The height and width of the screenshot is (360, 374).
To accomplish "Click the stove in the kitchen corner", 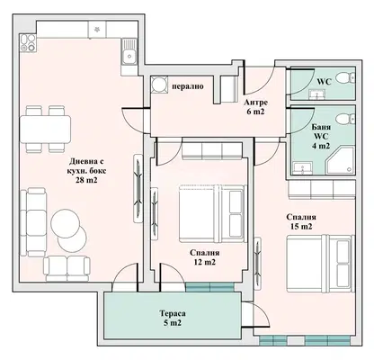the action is (x=28, y=42).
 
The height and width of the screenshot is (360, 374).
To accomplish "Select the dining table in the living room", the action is (x=45, y=130).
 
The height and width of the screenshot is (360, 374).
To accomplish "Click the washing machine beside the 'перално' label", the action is (x=158, y=84).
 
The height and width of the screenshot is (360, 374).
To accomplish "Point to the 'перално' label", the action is (x=188, y=86).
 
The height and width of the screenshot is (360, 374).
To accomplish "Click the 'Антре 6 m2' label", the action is (x=255, y=107).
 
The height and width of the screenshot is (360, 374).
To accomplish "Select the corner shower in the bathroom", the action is (x=341, y=160).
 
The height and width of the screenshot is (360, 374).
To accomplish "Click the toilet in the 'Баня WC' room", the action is (x=345, y=119).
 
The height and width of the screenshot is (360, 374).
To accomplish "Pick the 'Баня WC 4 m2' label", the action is (x=321, y=136).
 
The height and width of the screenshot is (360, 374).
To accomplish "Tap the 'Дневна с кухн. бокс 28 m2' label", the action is (x=86, y=171).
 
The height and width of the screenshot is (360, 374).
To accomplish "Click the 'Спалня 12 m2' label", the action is (x=205, y=257).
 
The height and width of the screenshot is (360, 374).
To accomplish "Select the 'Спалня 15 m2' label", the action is (x=301, y=221).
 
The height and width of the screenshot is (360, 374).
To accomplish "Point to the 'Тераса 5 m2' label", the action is (x=173, y=319).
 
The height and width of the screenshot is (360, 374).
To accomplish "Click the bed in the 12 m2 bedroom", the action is (x=212, y=213).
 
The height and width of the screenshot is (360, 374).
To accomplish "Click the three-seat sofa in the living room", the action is (x=33, y=222).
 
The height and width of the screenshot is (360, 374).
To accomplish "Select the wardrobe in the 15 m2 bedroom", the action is (x=322, y=189).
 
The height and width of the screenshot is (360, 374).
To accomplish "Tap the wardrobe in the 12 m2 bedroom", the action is (x=212, y=151).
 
